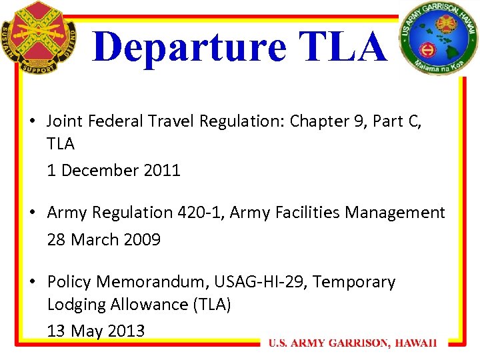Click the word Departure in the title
click(189, 47)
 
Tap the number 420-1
click(199, 213)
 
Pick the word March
click(93, 239)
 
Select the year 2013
click(125, 331)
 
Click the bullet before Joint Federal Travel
click(33, 121)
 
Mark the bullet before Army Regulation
click(33, 213)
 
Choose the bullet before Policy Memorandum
click(33, 282)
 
